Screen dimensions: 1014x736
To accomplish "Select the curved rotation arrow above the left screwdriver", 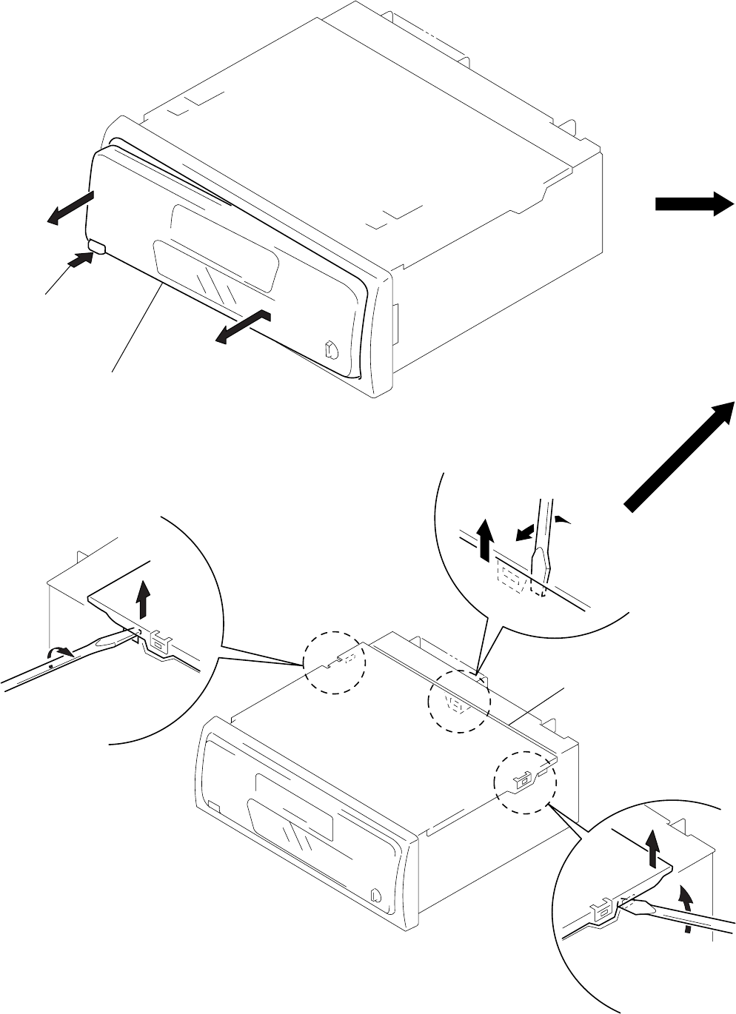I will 59,651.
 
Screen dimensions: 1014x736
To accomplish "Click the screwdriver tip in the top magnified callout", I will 546,574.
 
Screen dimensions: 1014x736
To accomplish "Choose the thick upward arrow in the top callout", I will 484,539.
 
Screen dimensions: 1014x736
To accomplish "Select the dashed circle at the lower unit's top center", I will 460,701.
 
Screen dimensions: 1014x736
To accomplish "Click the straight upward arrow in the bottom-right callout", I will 652,847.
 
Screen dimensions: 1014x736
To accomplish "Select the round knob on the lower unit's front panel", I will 377,895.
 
